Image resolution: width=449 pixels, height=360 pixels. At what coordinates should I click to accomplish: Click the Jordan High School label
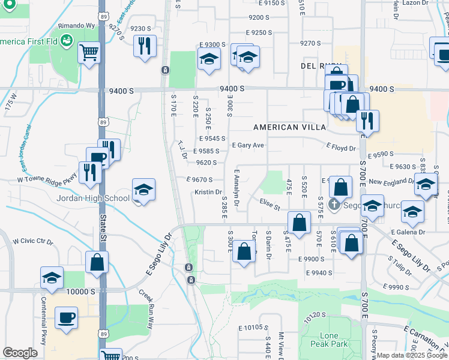(92, 199)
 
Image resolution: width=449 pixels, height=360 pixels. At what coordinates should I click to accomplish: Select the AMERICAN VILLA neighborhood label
(289, 127)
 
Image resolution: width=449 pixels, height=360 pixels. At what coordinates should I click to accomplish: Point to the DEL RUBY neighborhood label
(317, 65)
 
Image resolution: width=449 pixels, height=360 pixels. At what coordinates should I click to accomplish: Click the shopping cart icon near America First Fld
(89, 53)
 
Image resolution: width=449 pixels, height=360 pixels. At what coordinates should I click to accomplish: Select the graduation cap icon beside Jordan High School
(143, 190)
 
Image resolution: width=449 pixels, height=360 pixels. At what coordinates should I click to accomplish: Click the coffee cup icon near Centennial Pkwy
(66, 317)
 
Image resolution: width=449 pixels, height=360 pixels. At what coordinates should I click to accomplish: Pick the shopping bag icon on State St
(97, 262)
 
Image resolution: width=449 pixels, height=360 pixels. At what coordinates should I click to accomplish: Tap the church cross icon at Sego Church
(335, 205)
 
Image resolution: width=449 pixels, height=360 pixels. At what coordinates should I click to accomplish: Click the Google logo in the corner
(20, 353)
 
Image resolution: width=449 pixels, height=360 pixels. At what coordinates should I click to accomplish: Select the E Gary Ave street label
(248, 145)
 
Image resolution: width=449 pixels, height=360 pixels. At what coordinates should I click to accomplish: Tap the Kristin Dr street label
(208, 192)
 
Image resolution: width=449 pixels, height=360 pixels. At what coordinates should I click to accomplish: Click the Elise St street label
(270, 205)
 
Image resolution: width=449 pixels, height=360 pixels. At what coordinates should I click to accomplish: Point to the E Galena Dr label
(408, 232)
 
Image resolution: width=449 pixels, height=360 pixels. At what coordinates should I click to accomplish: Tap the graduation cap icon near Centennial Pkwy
(52, 277)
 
